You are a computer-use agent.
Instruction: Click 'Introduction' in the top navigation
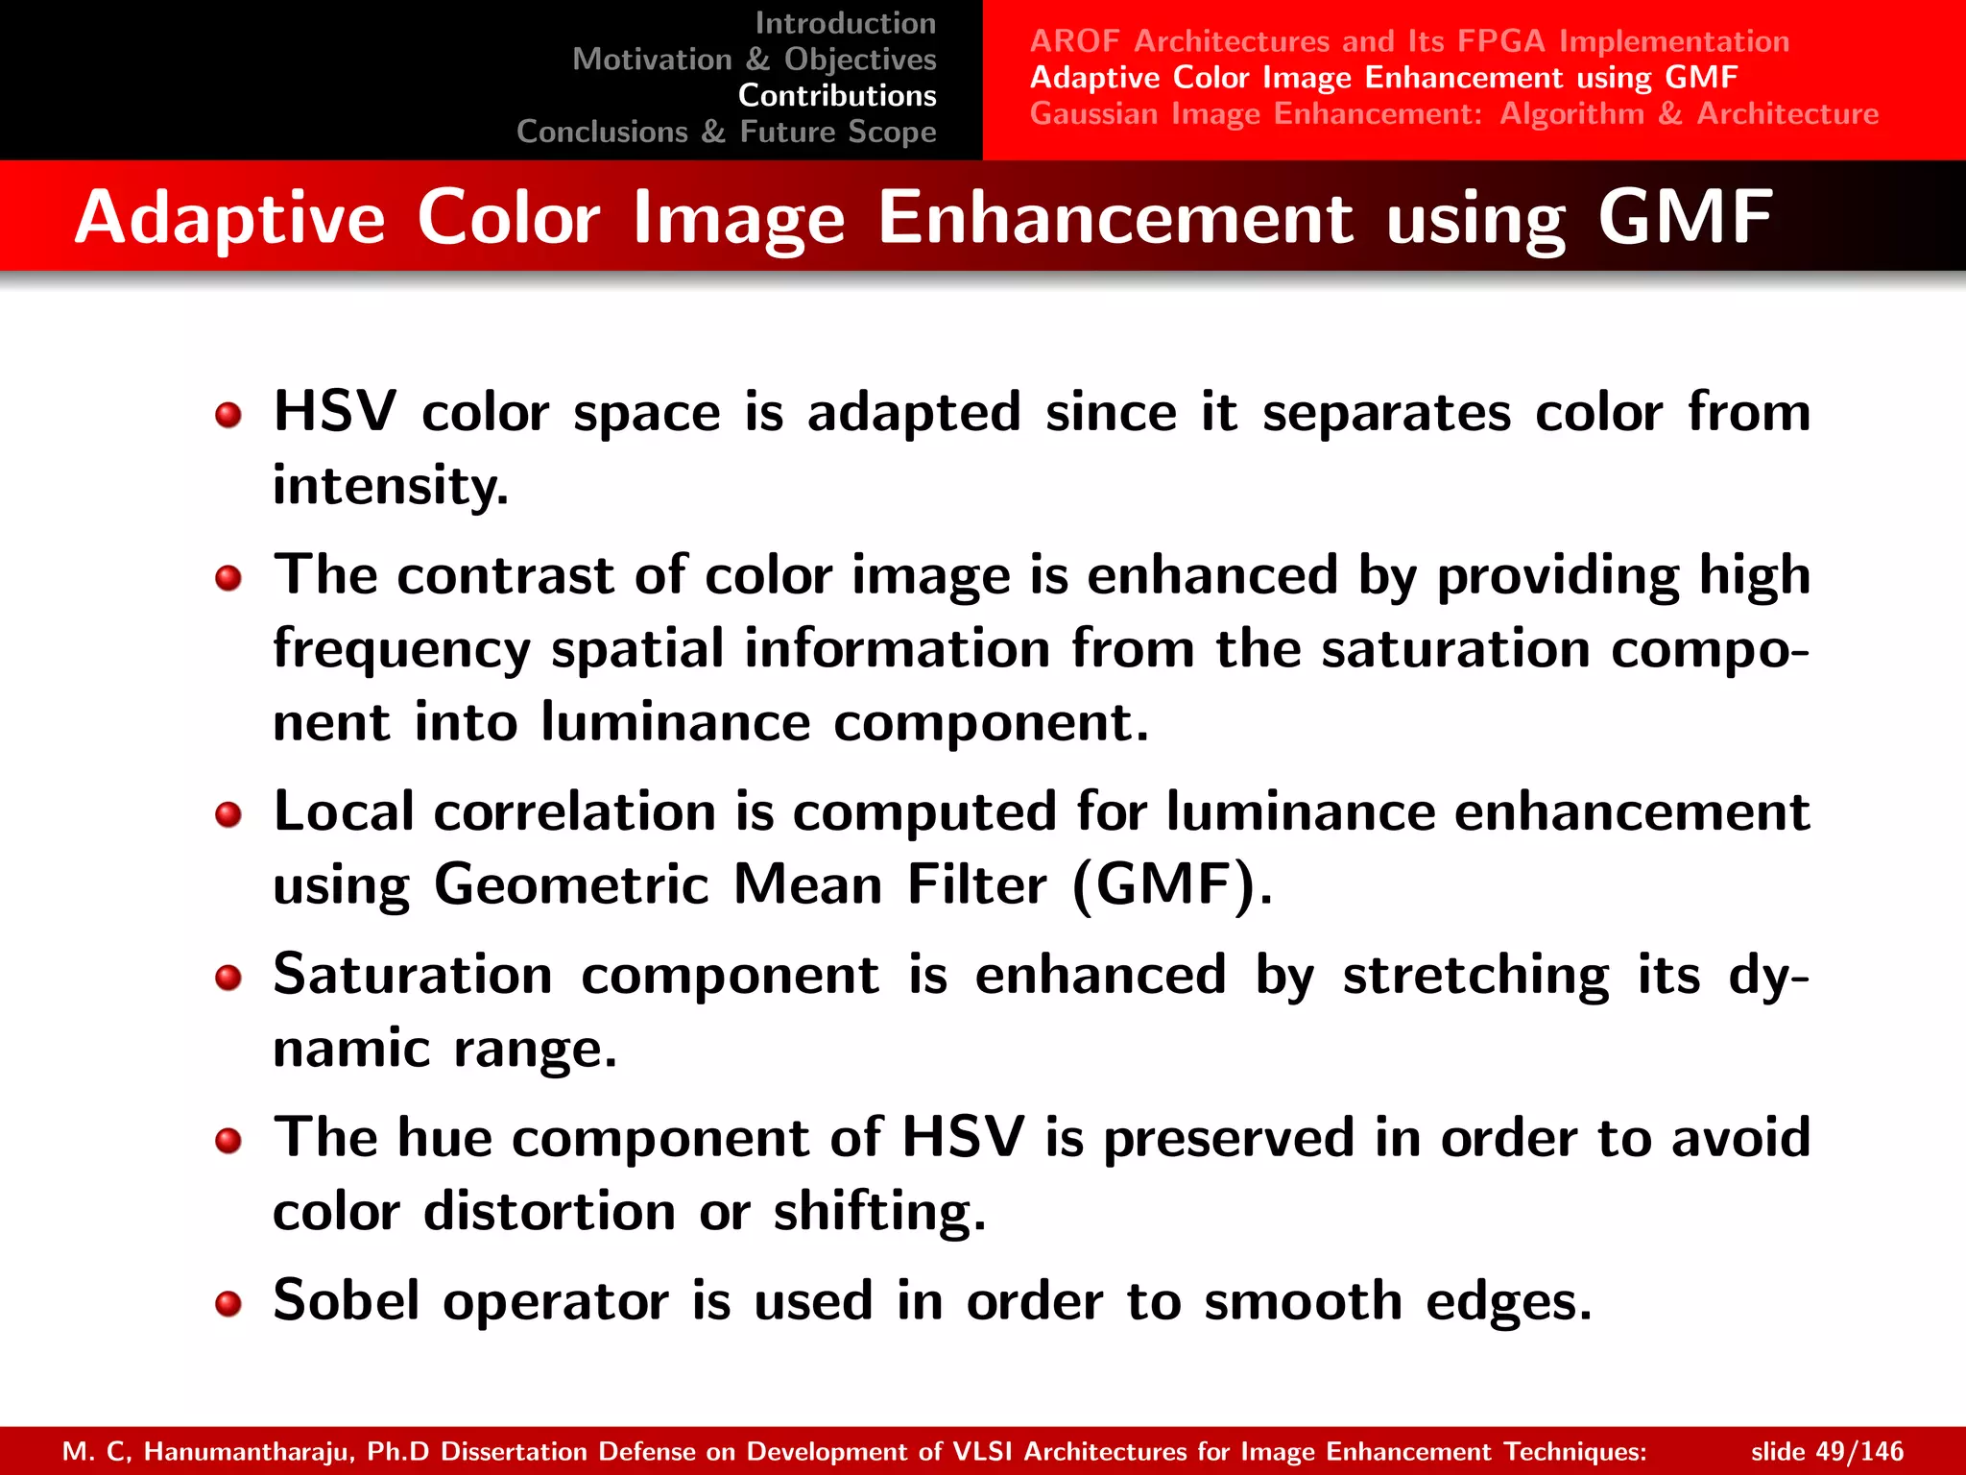point(845,23)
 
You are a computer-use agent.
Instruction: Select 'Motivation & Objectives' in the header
point(754,60)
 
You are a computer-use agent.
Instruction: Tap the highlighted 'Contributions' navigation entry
point(836,96)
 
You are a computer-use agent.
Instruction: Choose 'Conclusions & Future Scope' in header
point(726,132)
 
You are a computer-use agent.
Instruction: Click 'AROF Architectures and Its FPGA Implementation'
point(1409,41)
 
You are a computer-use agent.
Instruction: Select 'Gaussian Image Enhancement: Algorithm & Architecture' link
point(1453,113)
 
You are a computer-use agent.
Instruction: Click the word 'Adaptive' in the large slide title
point(230,219)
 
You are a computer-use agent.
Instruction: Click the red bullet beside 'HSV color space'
point(228,416)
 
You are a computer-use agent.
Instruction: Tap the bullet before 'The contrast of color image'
point(228,578)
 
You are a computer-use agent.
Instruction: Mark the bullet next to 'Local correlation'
point(228,815)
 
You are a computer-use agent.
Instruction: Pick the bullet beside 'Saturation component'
point(228,979)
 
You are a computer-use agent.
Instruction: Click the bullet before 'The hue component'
point(228,1141)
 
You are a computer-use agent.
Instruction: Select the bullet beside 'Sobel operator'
point(228,1304)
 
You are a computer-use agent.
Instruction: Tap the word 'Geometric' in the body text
point(571,884)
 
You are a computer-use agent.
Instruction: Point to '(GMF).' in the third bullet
point(1172,884)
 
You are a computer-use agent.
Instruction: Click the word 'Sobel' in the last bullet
point(347,1301)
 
